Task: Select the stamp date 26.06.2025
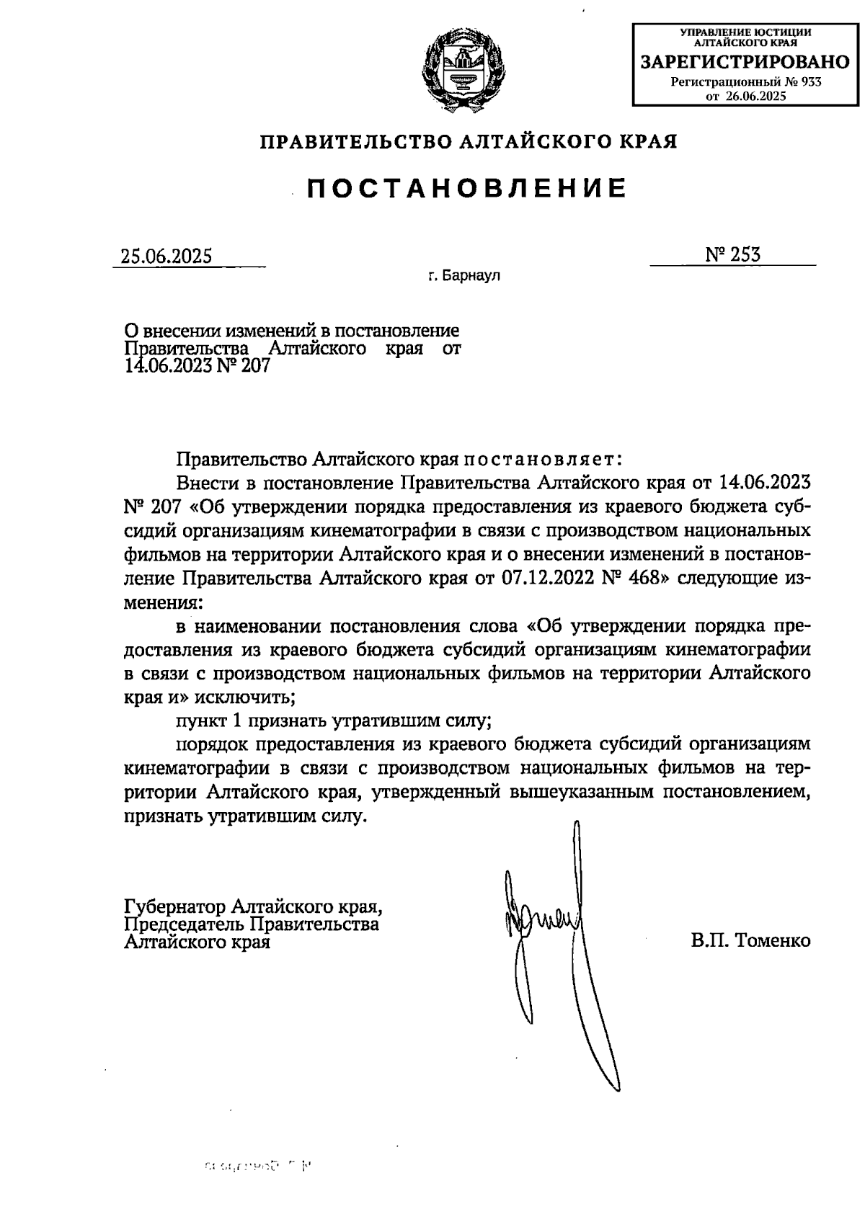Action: tap(755, 96)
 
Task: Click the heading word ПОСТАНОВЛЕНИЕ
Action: tap(468, 188)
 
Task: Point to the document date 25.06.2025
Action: tap(167, 257)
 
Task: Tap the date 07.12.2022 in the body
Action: tap(546, 579)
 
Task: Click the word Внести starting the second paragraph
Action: tap(208, 482)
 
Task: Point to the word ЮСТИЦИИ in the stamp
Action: tap(782, 32)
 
